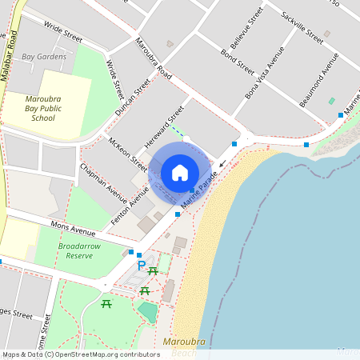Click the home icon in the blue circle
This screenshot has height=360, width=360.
pyautogui.click(x=180, y=172)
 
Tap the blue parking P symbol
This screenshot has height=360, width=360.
pyautogui.click(x=142, y=266)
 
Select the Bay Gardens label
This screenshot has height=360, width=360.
pyautogui.click(x=44, y=57)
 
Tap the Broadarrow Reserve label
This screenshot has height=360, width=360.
pyautogui.click(x=80, y=250)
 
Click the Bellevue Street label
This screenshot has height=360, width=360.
pyautogui.click(x=246, y=27)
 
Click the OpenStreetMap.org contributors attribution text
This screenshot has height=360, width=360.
pyautogui.click(x=104, y=354)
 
